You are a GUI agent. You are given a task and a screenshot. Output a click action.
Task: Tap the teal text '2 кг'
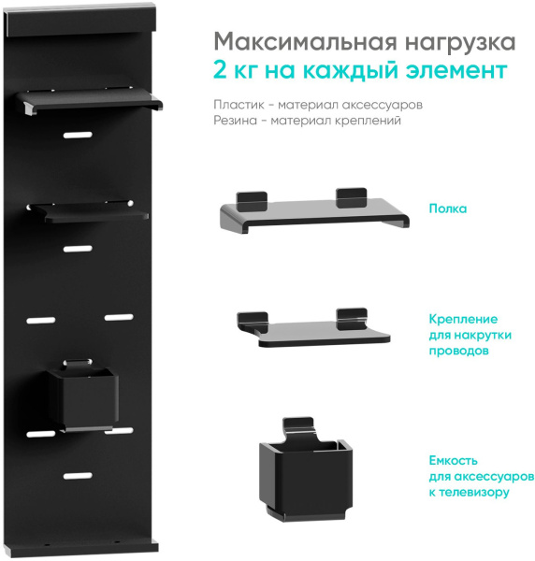pos(238,71)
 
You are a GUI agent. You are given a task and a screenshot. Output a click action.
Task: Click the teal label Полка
pos(447,209)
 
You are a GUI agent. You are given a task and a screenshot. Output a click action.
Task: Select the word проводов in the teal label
pos(459,351)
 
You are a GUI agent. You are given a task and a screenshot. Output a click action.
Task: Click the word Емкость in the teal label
pos(454,461)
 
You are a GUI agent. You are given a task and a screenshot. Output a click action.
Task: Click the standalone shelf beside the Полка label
pos(314,214)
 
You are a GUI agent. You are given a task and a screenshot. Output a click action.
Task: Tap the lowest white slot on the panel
pos(78,475)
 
